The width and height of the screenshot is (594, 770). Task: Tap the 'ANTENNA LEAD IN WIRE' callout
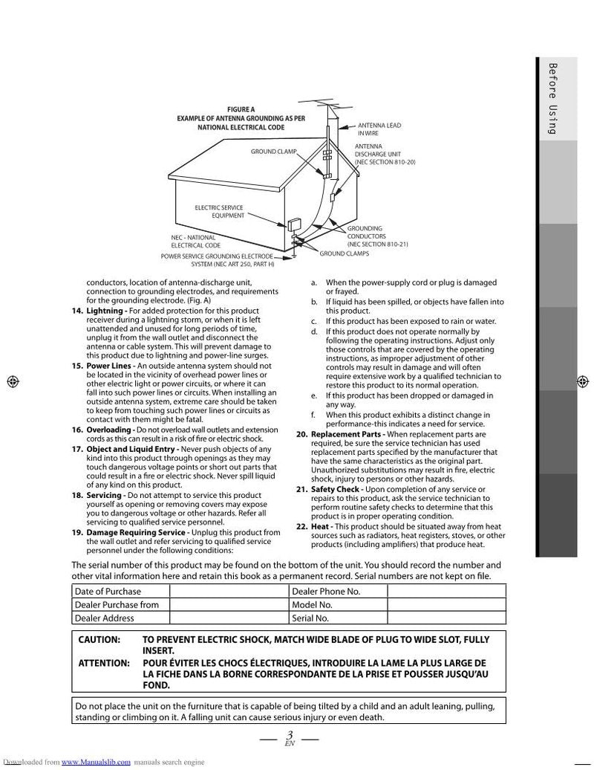point(379,129)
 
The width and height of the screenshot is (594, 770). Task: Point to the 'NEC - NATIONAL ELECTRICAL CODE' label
point(195,242)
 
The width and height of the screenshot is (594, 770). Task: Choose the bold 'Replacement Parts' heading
point(347,433)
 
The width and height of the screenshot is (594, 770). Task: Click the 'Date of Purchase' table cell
point(108,591)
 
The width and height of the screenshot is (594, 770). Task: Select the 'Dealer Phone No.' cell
point(326,591)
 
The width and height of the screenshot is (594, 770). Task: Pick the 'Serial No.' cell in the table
point(310,618)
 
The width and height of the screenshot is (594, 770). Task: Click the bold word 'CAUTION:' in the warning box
point(99,640)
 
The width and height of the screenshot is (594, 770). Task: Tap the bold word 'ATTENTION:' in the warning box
point(105,662)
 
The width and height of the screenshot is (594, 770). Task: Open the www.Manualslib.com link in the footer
point(96,762)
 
